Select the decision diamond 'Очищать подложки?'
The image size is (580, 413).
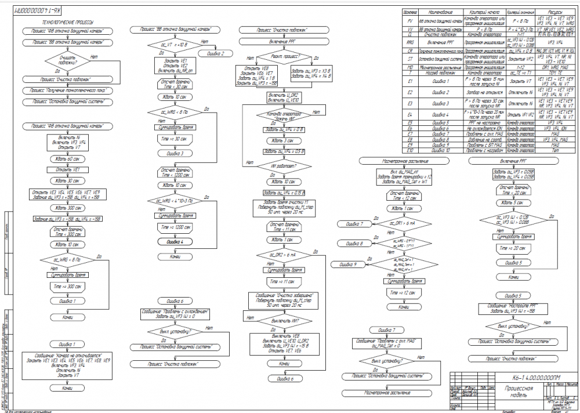67,61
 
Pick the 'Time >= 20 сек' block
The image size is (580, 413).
513,248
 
